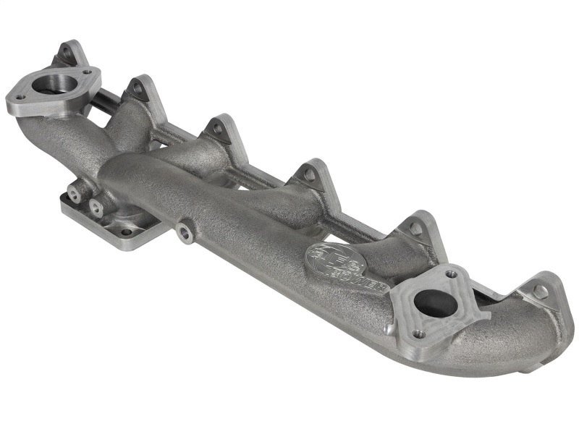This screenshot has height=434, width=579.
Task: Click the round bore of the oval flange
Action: tap(51, 84)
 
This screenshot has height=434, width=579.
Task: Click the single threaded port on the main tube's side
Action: tap(186, 232)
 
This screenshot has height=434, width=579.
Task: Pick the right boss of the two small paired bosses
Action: tap(96, 206)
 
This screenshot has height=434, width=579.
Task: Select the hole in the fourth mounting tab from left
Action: tap(309, 174)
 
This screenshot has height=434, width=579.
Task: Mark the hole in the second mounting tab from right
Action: tap(415, 228)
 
